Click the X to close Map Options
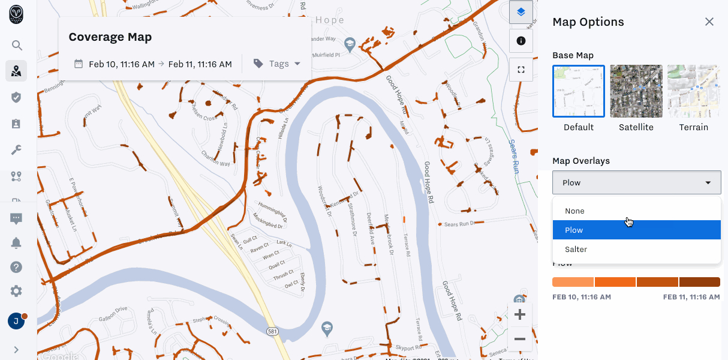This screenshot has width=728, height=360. click(x=709, y=22)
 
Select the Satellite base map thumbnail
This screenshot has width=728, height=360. click(x=636, y=91)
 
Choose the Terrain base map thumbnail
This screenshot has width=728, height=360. click(x=693, y=91)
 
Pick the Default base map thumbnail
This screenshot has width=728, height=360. click(x=579, y=91)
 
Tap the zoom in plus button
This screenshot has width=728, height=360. click(x=520, y=315)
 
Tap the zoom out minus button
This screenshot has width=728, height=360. click(x=520, y=340)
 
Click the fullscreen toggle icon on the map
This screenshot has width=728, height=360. click(x=521, y=70)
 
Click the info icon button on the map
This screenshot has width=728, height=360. click(x=521, y=41)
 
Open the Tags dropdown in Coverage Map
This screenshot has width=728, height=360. click(x=277, y=64)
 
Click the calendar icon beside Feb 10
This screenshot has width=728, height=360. click(x=79, y=64)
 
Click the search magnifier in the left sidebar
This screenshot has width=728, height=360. click(x=17, y=45)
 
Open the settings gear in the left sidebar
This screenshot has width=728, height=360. click(x=16, y=292)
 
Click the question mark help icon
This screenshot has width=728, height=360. click(x=16, y=268)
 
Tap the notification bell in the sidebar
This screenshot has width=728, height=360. click(x=16, y=243)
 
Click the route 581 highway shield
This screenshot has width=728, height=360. click(x=272, y=331)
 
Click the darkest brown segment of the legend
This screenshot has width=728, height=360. click(x=699, y=282)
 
